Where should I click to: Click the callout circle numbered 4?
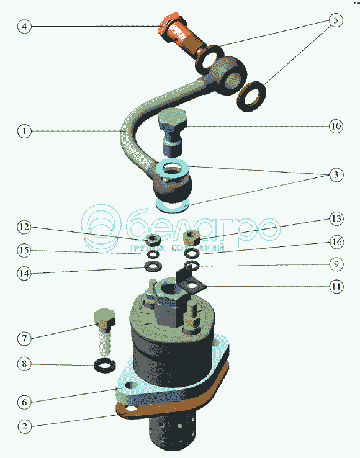(x=24, y=26)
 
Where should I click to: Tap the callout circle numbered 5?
(x=335, y=20)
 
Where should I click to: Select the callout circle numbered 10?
(x=336, y=126)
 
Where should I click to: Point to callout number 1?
(x=24, y=131)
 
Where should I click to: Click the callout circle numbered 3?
(x=336, y=174)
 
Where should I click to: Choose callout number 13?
(x=336, y=218)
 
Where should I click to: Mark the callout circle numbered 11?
(x=336, y=286)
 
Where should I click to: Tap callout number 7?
(x=24, y=338)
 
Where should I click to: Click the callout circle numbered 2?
(x=24, y=426)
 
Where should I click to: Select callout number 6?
(x=24, y=402)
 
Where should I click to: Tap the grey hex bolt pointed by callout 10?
(x=172, y=132)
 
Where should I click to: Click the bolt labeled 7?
(x=104, y=331)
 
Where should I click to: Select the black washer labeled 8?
(x=105, y=364)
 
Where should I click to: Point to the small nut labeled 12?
(x=153, y=240)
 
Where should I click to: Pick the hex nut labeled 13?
(x=192, y=238)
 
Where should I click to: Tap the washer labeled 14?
(x=153, y=266)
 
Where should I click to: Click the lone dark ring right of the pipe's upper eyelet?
(x=251, y=96)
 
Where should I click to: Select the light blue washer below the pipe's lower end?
(x=173, y=207)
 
